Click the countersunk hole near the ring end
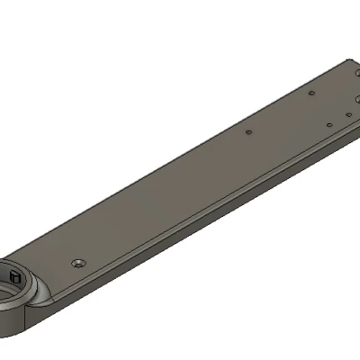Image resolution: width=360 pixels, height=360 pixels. [x=78, y=263]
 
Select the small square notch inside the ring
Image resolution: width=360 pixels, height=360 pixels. [x=13, y=274]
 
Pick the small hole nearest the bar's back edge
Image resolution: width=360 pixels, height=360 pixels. [x=310, y=92]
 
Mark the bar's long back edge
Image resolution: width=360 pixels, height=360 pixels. [x=180, y=153]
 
